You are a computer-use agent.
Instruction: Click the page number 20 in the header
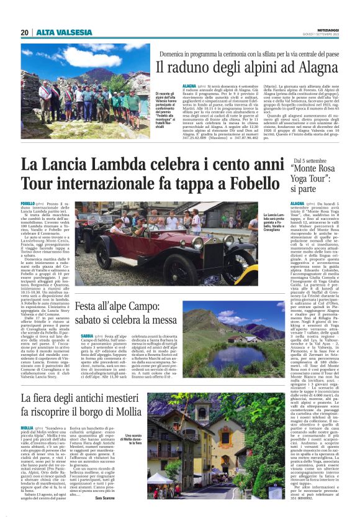(24, 33)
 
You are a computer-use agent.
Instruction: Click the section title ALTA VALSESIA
(58, 33)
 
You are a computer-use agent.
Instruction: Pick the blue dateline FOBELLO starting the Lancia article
(28, 204)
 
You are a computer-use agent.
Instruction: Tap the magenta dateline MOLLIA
(28, 429)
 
